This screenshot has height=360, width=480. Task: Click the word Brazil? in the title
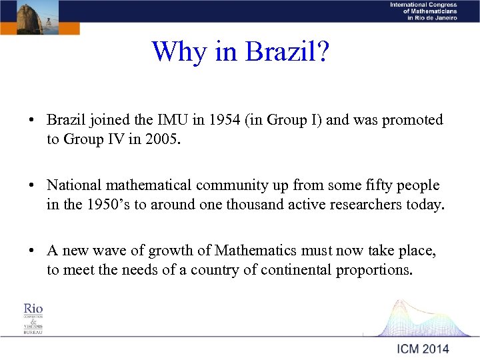[288, 51]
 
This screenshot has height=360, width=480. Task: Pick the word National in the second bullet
[73, 185]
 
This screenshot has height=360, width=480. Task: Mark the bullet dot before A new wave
[32, 251]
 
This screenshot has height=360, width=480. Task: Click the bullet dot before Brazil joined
[32, 121]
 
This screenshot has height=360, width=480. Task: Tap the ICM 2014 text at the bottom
[423, 349]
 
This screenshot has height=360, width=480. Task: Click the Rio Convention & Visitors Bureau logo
[33, 318]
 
